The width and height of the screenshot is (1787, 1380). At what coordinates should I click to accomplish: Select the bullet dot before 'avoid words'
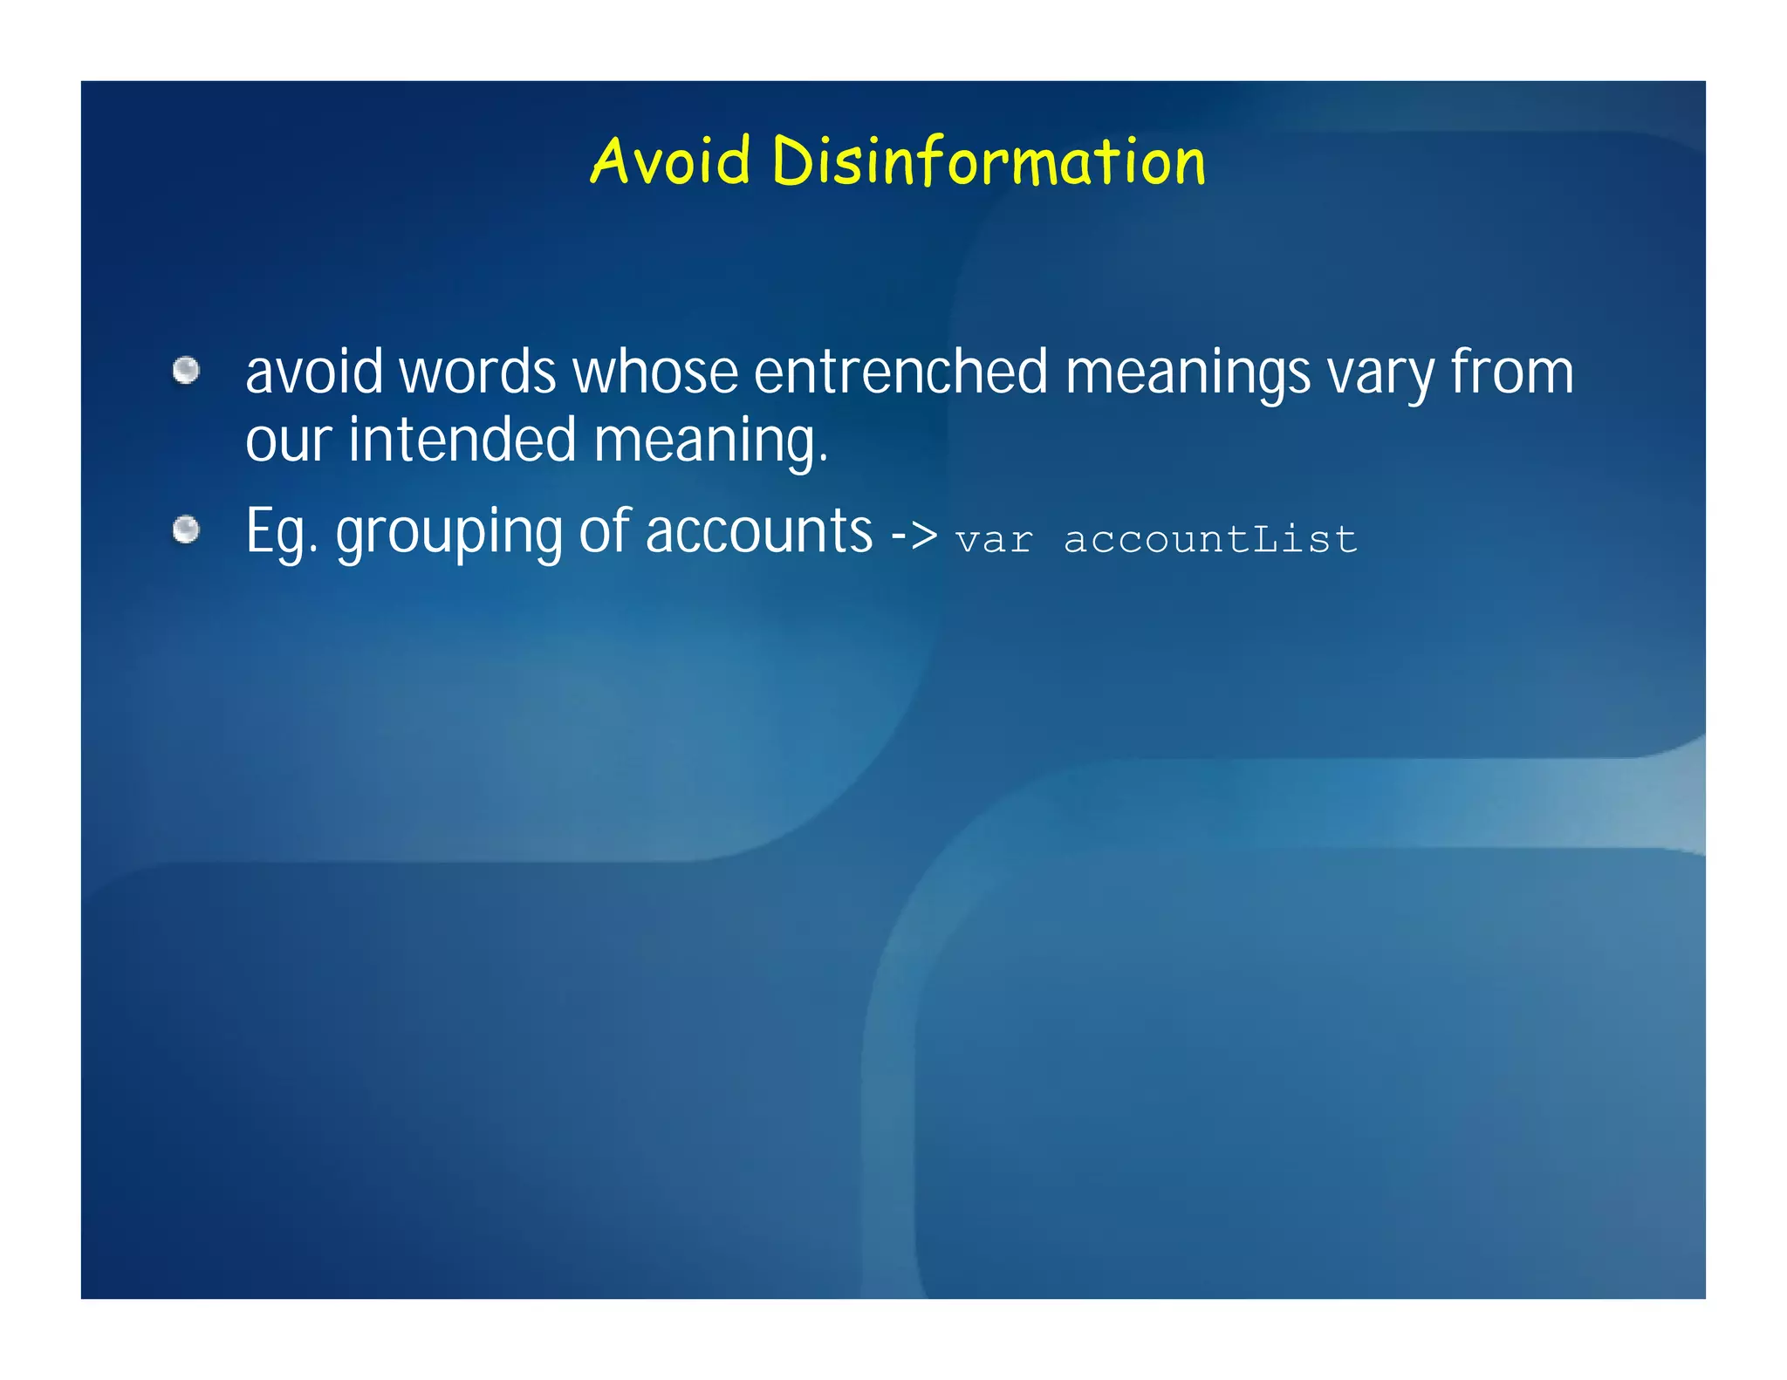(x=186, y=371)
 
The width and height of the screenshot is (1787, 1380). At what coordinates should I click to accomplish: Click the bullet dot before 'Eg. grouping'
(x=186, y=529)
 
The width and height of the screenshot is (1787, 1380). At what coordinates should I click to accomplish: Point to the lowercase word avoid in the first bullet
(x=314, y=372)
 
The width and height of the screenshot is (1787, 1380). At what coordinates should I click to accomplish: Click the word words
(x=477, y=372)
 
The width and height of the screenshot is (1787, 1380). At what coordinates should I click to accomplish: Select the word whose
(x=654, y=372)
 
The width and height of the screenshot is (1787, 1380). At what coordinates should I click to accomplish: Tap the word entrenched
(x=900, y=372)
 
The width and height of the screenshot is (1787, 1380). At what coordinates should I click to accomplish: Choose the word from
(x=1512, y=372)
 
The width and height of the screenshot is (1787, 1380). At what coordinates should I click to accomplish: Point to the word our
(x=288, y=441)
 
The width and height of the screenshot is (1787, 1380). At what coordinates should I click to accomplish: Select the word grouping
(x=449, y=534)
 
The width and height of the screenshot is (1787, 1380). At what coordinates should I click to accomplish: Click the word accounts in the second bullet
(x=759, y=532)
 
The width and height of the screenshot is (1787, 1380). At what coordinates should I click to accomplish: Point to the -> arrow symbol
(x=914, y=534)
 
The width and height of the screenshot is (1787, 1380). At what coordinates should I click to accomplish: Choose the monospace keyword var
(x=994, y=540)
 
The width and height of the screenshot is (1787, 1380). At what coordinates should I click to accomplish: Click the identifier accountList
(x=1210, y=538)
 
